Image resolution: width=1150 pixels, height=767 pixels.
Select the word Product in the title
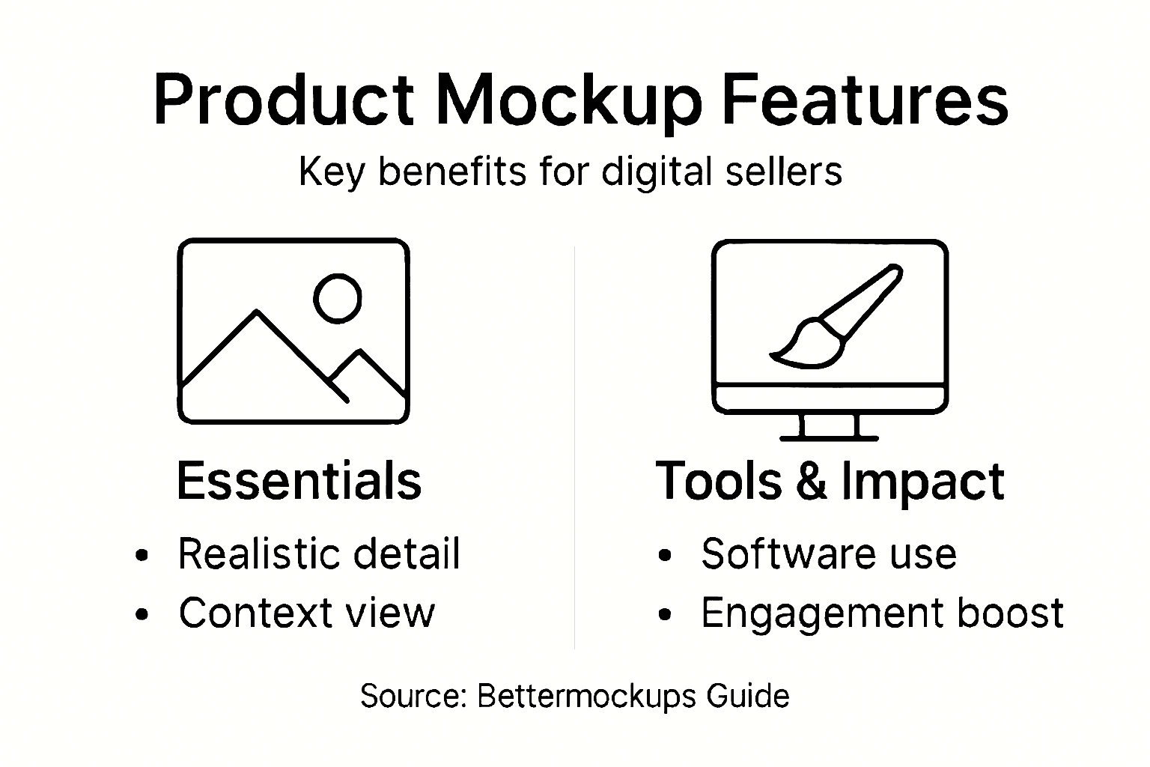(284, 100)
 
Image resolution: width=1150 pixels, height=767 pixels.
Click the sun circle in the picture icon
(337, 298)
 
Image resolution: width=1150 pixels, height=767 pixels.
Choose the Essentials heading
(299, 481)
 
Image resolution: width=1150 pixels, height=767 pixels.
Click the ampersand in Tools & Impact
(812, 481)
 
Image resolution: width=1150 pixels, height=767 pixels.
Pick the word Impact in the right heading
(922, 482)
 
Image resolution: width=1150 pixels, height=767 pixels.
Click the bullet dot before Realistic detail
(142, 556)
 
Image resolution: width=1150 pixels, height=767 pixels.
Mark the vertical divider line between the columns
(574, 449)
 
